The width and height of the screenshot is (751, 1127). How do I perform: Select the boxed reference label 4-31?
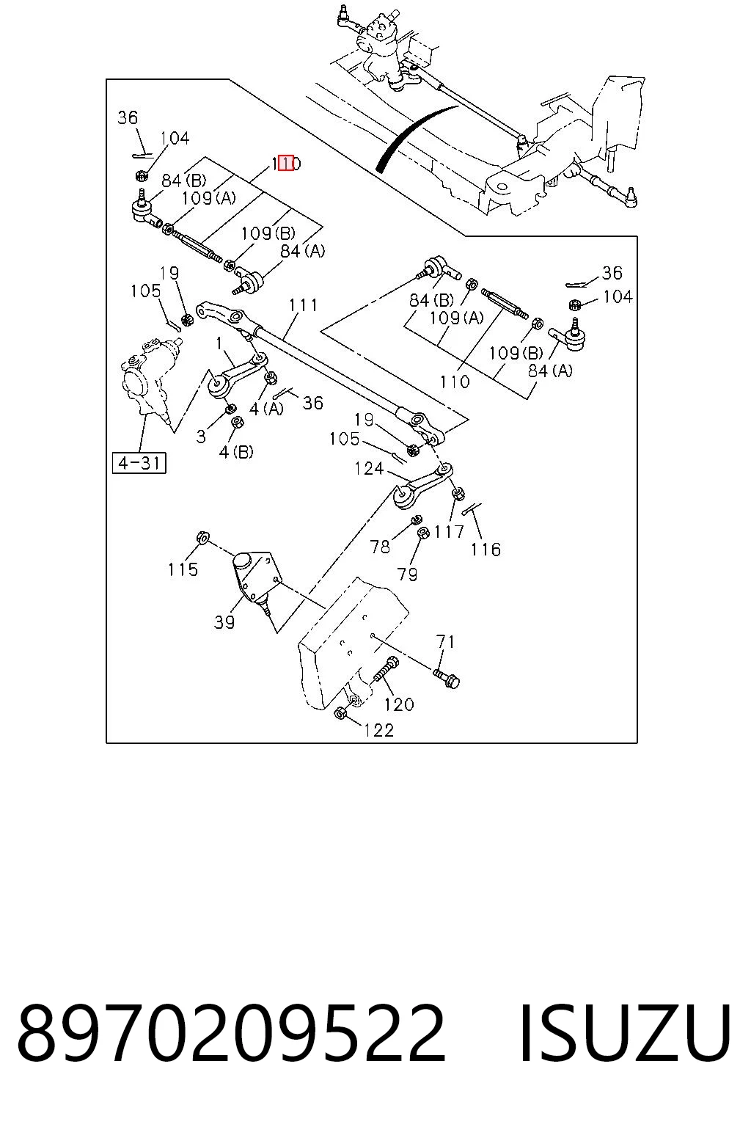[x=139, y=462]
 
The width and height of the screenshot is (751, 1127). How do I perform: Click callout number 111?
[x=304, y=305]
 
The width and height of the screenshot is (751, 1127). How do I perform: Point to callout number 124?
[x=369, y=469]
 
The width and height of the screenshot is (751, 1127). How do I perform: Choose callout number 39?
[x=224, y=622]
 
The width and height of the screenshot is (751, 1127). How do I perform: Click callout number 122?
[x=378, y=730]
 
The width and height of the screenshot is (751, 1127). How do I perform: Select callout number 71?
[x=446, y=642]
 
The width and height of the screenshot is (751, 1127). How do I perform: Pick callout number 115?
[x=183, y=570]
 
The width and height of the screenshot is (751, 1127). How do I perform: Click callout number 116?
[x=486, y=550]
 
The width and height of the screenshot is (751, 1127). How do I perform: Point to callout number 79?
[x=407, y=574]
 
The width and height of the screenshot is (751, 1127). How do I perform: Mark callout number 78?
[x=380, y=547]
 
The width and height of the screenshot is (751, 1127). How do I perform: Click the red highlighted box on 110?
[x=286, y=164]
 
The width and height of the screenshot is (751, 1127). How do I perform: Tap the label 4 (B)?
[x=236, y=452]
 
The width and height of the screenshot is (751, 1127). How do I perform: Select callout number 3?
[x=201, y=437]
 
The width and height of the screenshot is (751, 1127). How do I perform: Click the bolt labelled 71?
[x=447, y=678]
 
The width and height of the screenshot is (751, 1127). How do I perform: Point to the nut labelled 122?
[x=340, y=712]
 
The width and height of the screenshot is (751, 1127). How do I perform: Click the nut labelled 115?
[x=202, y=537]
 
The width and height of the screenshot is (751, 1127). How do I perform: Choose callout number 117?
[x=449, y=531]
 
